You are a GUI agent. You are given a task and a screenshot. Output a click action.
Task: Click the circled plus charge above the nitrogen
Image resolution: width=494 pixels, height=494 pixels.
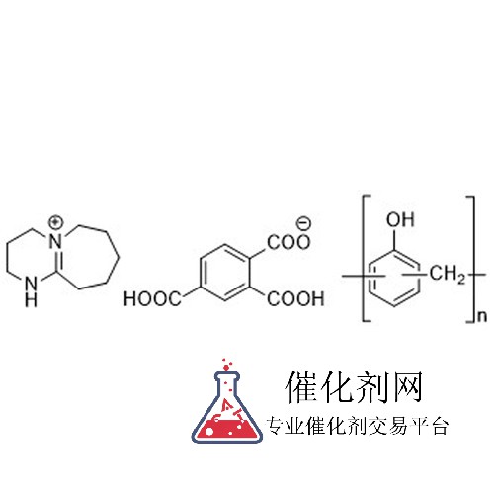tap(55, 222)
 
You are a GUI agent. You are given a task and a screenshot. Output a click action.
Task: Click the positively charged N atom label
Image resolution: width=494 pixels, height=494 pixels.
tap(56, 241)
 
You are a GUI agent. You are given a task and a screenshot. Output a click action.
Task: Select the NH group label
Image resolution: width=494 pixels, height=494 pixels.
tap(31, 292)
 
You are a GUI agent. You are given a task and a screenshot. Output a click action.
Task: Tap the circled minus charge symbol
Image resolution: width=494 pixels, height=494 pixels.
tap(303, 223)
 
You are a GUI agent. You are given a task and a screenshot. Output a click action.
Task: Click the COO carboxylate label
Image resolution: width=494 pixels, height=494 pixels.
tap(288, 242)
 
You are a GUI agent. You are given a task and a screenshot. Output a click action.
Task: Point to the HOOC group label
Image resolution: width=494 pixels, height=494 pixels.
tap(152, 299)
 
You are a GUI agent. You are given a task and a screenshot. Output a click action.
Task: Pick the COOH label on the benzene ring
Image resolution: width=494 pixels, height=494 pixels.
tap(295, 298)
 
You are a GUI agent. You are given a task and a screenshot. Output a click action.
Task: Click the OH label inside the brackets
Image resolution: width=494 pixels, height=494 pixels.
tap(400, 219)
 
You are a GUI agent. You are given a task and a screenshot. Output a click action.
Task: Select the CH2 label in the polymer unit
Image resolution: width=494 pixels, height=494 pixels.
tap(448, 274)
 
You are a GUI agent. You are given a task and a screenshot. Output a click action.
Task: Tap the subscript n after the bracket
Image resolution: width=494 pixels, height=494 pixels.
tap(481, 316)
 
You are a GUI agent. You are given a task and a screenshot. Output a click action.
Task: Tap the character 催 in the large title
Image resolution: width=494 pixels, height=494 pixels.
tap(302, 386)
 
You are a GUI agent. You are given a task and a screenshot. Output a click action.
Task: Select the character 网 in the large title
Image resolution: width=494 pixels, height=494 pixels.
tap(405, 386)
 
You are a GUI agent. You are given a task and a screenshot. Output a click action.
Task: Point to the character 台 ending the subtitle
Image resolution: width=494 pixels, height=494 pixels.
tap(439, 426)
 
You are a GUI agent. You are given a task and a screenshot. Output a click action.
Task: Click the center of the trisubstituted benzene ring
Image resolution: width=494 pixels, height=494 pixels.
tap(225, 273)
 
